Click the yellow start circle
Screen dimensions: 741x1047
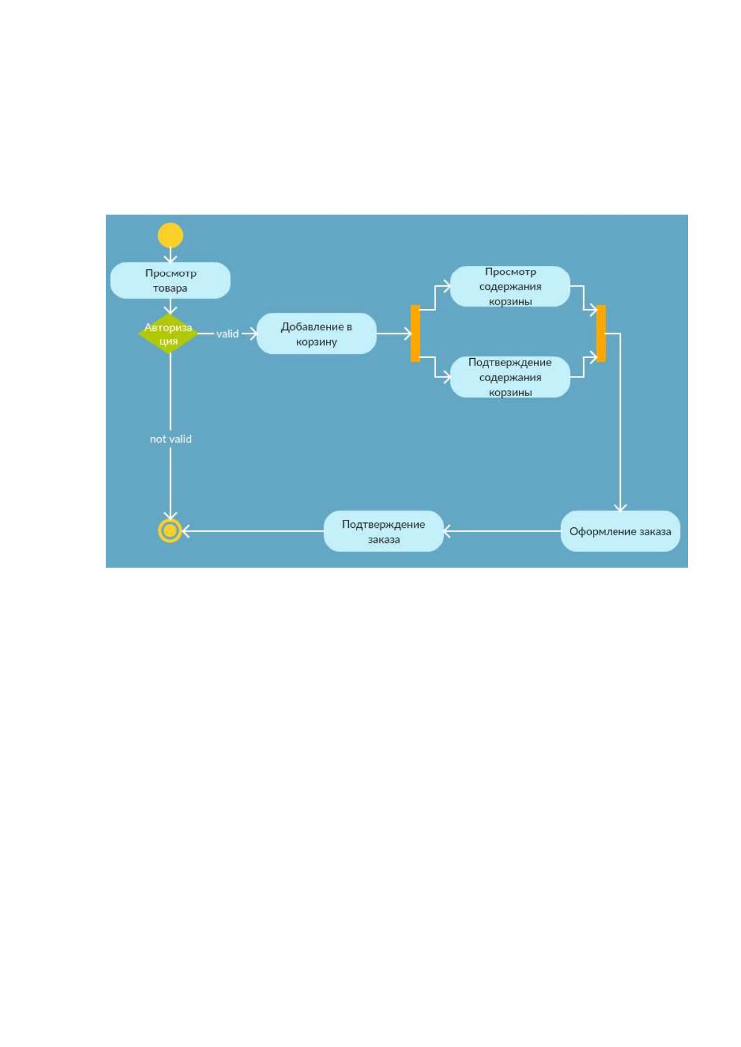[x=170, y=235]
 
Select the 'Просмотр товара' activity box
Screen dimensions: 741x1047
[x=170, y=280]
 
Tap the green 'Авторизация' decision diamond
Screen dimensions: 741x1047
[x=169, y=334]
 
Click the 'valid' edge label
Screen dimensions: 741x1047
[x=227, y=334]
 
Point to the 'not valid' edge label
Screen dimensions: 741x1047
[x=170, y=439]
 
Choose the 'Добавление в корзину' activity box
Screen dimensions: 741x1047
[x=317, y=334]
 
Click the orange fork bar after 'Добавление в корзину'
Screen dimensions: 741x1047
[x=416, y=334]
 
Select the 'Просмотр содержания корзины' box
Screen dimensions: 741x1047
[x=510, y=287]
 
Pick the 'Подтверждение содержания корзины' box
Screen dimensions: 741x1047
[x=510, y=377]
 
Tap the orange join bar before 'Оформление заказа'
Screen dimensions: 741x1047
[x=601, y=334]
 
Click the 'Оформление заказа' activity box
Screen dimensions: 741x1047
[x=620, y=532]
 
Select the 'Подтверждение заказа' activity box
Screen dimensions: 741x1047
[x=384, y=532]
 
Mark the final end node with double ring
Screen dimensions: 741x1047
[x=170, y=531]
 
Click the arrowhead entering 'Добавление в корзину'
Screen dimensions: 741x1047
[x=253, y=334]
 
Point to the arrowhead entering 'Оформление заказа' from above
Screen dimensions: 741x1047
[x=620, y=507]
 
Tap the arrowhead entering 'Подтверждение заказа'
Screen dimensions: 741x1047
[x=447, y=532]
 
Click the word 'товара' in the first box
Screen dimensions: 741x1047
[x=170, y=288]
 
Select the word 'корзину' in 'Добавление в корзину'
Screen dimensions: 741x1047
[x=317, y=342]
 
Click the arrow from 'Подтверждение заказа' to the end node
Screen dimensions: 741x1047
[x=253, y=532]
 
